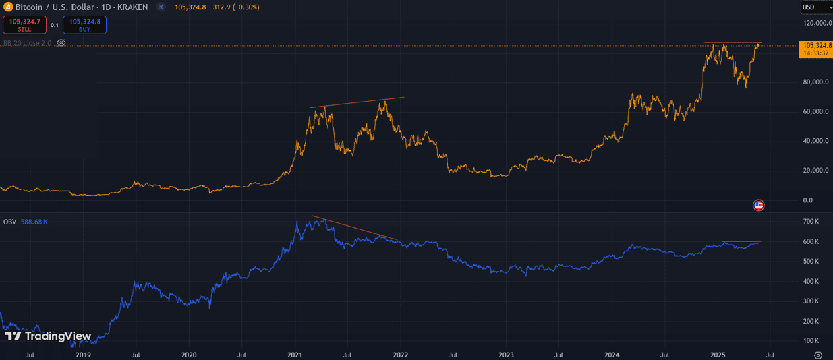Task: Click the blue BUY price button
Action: click(84, 25)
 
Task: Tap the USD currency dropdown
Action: click(815, 7)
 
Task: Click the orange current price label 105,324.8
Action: click(815, 45)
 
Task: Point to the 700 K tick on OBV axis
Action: click(811, 222)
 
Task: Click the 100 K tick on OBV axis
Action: click(811, 340)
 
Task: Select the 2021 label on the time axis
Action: click(295, 354)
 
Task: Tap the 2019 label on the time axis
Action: click(83, 354)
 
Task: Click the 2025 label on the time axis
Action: click(718, 354)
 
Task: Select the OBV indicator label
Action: click(9, 222)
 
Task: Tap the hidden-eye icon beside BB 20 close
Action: click(61, 43)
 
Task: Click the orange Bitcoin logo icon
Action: click(7, 7)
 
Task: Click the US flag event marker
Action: click(758, 205)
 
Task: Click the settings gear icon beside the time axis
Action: click(818, 354)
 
